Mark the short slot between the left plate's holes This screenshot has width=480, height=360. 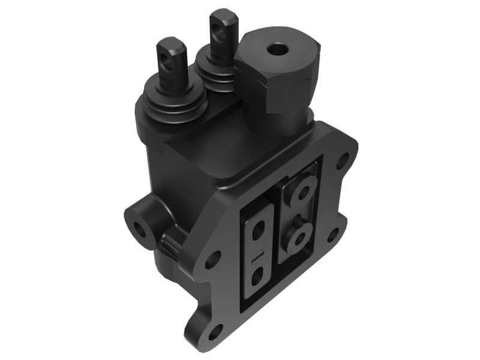pos(257,254)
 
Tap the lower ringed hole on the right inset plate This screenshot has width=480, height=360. pos(299,236)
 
